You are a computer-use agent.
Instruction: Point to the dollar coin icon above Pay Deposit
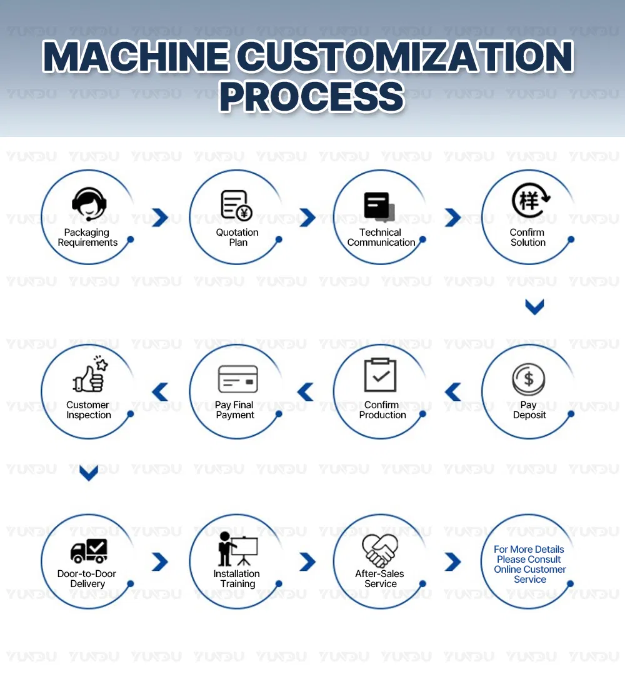tap(529, 378)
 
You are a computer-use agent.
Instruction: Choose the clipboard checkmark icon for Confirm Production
tap(380, 375)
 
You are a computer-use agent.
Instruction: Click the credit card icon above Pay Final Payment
tap(237, 379)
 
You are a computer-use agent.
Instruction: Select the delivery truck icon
tap(89, 551)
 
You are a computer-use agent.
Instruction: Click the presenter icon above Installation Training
tap(237, 549)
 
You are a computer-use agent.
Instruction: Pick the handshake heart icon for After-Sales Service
tap(380, 550)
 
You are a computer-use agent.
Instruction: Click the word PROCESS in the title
tap(312, 97)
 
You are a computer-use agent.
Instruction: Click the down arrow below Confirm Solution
tap(534, 306)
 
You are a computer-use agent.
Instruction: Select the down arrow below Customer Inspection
tap(89, 473)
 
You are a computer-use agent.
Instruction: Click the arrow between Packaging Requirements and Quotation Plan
tap(160, 218)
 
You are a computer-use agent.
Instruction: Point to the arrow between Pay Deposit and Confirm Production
tap(453, 392)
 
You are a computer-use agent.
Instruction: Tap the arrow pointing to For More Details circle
tap(453, 561)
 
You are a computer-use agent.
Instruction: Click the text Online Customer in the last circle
tap(530, 570)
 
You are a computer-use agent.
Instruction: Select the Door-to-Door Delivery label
tap(87, 579)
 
